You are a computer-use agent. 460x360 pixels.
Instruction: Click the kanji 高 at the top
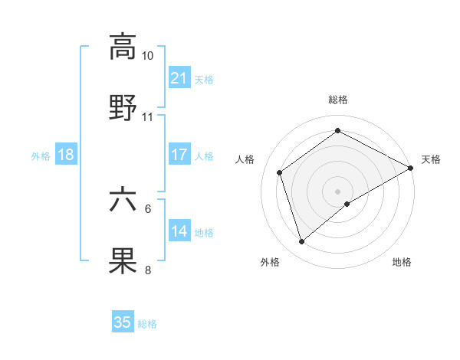coord(123,47)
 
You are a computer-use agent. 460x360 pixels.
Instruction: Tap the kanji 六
coord(123,200)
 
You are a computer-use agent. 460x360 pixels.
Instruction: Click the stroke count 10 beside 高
coord(148,57)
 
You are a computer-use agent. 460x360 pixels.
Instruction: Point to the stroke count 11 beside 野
coord(148,117)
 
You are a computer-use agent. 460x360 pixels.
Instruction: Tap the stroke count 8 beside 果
coord(148,270)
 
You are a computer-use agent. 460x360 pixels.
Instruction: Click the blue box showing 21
coord(179,78)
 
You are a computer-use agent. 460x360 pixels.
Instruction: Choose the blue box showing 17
coord(179,155)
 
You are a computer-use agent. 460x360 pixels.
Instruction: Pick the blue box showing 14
coord(179,231)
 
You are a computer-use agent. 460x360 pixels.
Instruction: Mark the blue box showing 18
coord(66,155)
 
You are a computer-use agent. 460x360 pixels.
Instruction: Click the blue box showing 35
coord(123,322)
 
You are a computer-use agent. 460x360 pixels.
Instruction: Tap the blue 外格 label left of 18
coord(41,155)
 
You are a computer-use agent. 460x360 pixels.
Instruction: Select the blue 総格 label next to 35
coord(147,324)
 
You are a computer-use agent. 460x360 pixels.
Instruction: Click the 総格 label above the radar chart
coord(338,100)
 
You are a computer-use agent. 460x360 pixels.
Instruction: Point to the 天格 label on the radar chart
coord(431,159)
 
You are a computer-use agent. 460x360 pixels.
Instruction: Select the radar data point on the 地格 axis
coord(347,204)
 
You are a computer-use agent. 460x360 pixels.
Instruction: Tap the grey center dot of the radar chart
coord(338,191)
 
